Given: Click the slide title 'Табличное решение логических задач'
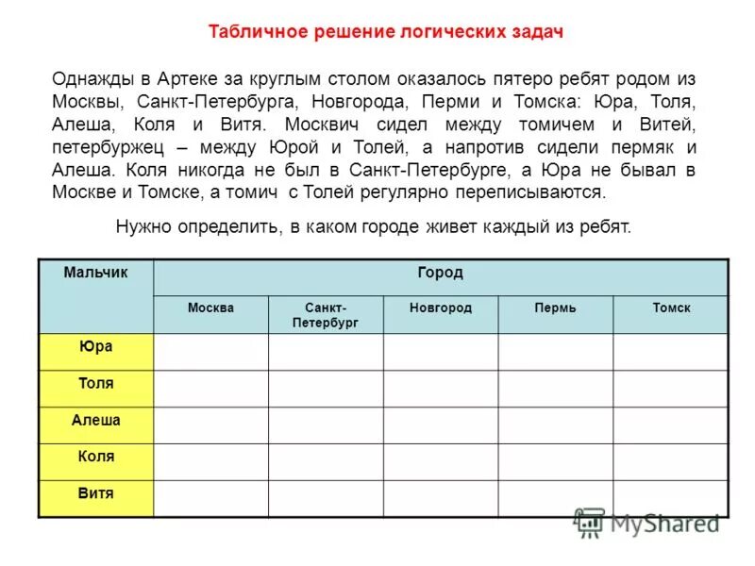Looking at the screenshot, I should [386, 32].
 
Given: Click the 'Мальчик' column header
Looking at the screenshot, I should [95, 273].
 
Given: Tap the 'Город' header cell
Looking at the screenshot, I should [440, 273].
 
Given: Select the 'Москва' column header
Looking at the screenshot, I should [210, 308].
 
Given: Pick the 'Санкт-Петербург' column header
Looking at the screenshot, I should [326, 315].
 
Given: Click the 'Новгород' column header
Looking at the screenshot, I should [441, 308].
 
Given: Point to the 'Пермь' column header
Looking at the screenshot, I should [555, 308].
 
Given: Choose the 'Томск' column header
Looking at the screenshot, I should [671, 308].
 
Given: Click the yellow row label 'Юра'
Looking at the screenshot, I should [95, 347].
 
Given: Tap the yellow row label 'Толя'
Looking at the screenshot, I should [95, 384].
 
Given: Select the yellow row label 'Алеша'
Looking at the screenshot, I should [95, 421].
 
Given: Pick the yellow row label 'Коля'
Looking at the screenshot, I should [95, 457].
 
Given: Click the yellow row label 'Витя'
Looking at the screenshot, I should [95, 493].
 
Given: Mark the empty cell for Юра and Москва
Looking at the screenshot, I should [210, 352].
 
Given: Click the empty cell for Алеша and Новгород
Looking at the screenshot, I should [441, 425].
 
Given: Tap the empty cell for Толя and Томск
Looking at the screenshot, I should [671, 389].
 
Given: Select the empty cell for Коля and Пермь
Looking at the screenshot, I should [555, 462].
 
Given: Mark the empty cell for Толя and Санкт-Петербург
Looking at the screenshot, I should [326, 389].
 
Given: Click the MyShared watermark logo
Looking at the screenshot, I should [646, 523].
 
